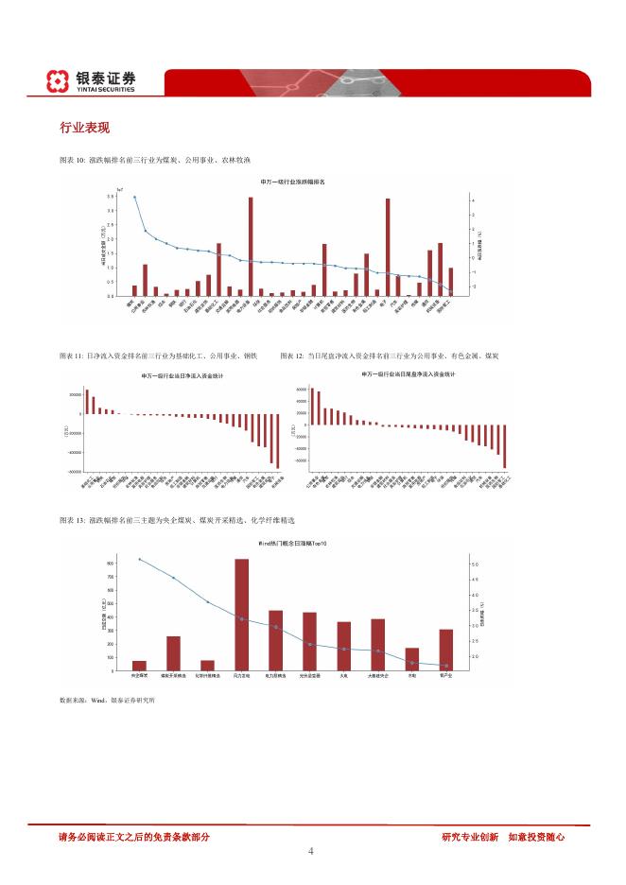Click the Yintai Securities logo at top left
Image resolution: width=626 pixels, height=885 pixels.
[x=92, y=81]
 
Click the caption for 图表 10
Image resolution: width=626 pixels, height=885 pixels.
[x=154, y=160]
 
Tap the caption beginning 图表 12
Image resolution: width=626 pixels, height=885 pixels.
[x=390, y=356]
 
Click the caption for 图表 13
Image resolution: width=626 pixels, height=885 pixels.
[x=177, y=520]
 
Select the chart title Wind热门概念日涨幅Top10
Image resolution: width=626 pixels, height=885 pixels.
[x=294, y=546]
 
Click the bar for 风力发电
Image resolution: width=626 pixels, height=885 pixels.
[x=242, y=615]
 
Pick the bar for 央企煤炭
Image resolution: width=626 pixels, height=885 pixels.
[x=140, y=666]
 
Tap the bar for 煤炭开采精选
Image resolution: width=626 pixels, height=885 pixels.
[x=174, y=653]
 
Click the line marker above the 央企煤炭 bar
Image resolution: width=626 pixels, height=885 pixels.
[x=140, y=559]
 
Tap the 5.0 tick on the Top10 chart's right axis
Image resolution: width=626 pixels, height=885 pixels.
[x=474, y=564]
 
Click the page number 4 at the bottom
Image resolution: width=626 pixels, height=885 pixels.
[x=311, y=851]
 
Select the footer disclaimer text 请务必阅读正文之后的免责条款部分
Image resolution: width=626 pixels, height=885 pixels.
[x=133, y=836]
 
